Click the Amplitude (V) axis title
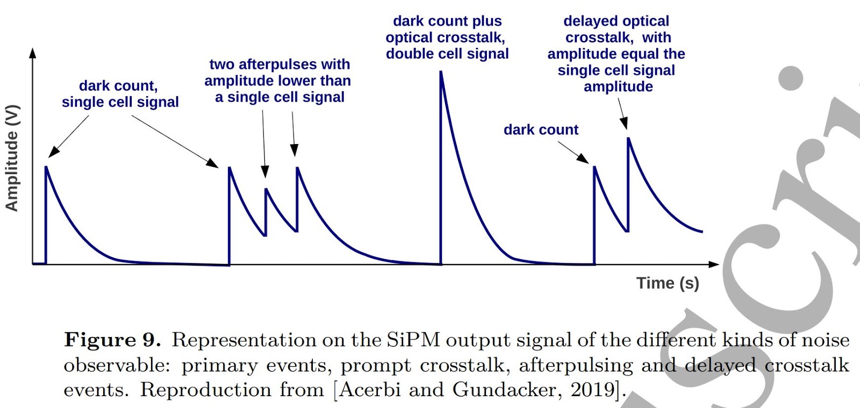coord(12,158)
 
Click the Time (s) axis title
coord(668,283)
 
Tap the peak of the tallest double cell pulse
coord(441,72)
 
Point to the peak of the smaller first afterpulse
coord(266,189)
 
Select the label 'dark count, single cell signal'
coord(120,94)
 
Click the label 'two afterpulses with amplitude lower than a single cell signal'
coord(278,81)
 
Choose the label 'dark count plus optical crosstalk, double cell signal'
coord(447,38)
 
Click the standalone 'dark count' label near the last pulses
coord(541,130)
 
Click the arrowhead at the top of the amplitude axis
coord(33,53)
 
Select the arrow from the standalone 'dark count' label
coord(574,152)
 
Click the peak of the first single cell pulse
coord(46,167)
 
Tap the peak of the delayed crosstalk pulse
coord(628,138)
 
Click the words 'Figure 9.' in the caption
coord(112,340)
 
